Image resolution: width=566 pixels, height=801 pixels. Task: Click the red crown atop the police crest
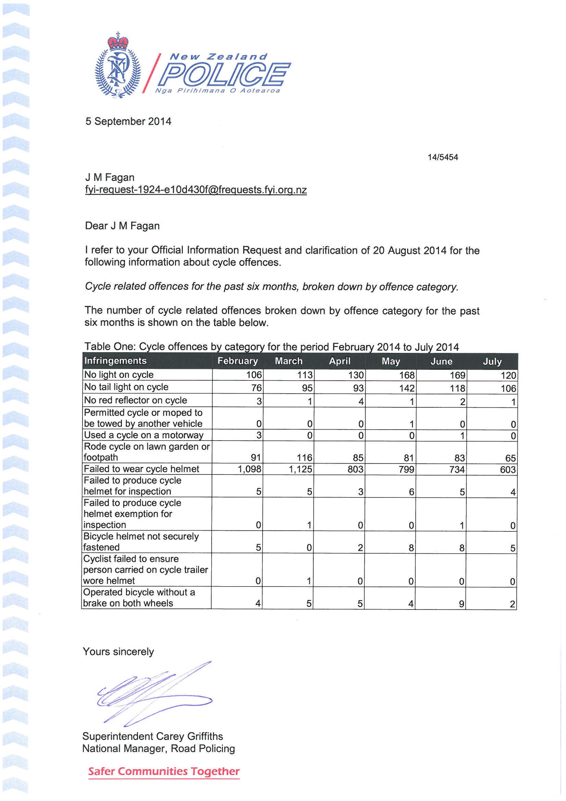[x=118, y=42]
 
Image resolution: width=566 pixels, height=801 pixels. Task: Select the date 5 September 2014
[x=128, y=121]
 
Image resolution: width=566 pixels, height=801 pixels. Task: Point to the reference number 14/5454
[x=442, y=157]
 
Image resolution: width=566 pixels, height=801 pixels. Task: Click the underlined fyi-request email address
[x=196, y=190]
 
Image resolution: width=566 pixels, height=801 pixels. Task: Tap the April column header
[x=340, y=361]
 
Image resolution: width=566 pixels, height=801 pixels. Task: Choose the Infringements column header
[x=115, y=361]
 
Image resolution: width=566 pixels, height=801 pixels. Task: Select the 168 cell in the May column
[x=407, y=375]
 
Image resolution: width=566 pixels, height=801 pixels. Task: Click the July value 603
[x=508, y=470]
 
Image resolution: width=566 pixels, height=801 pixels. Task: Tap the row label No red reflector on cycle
[x=136, y=400]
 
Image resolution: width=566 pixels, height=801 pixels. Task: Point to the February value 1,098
[x=249, y=469]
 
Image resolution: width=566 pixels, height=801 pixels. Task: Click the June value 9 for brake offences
[x=461, y=604]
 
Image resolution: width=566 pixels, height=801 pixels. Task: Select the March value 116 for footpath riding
[x=304, y=457]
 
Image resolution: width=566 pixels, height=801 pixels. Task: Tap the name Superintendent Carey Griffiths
[x=153, y=736]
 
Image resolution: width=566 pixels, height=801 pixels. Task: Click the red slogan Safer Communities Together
[x=164, y=771]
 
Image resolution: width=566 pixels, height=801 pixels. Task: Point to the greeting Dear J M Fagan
[x=122, y=226]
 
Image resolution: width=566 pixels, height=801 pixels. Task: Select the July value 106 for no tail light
[x=508, y=388]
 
